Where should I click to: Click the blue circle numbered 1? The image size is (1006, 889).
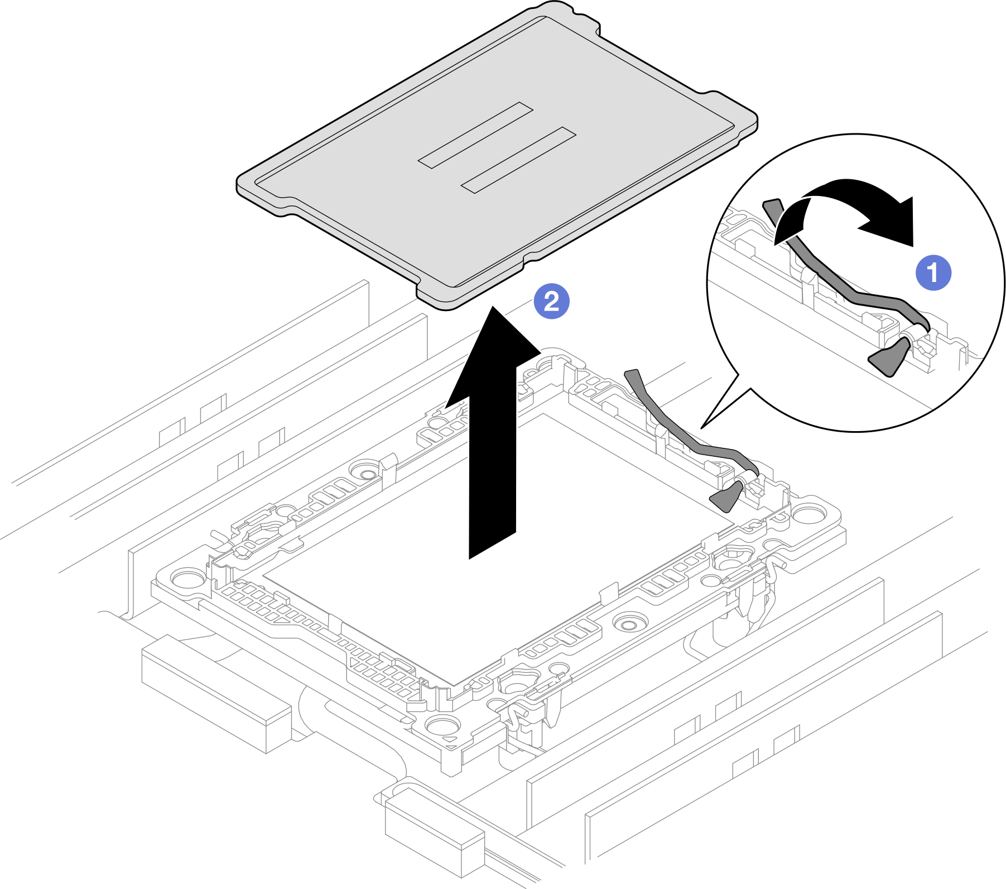[x=933, y=273]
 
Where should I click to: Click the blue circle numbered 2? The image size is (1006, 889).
[x=551, y=302]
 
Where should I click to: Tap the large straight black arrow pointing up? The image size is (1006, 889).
[x=492, y=447]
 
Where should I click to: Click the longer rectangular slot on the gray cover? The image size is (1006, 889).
[x=518, y=160]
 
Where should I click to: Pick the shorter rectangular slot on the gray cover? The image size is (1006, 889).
[x=475, y=135]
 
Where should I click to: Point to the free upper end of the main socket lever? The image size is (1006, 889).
[x=633, y=373]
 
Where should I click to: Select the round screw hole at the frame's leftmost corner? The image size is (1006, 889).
[x=189, y=576]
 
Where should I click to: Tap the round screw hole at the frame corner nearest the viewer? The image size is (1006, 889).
[x=442, y=725]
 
